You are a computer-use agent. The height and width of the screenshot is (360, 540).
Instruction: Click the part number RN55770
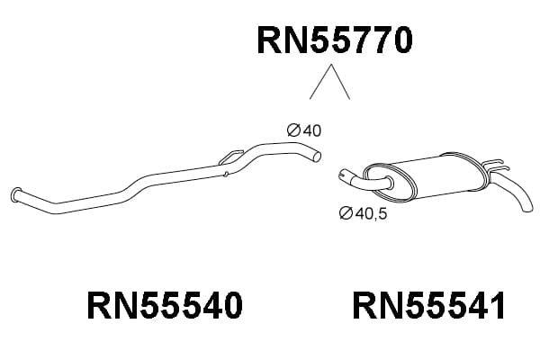pos(335,40)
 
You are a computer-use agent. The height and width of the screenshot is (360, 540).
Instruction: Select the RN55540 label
pos(165,305)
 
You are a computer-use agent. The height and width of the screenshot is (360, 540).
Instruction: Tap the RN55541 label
pos(428,305)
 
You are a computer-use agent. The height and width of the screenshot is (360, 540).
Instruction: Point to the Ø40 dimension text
pos(304,130)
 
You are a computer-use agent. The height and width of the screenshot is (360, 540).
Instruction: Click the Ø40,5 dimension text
pos(363,213)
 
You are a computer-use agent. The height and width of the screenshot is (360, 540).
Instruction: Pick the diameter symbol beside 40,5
pos(346,213)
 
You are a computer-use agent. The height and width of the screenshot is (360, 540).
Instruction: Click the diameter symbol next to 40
pos(293,130)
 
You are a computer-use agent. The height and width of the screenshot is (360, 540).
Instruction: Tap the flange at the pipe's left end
pos(16,194)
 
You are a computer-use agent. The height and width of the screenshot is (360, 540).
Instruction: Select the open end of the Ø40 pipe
pos(317,157)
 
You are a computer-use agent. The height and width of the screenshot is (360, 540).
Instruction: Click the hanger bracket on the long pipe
pos(230,157)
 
